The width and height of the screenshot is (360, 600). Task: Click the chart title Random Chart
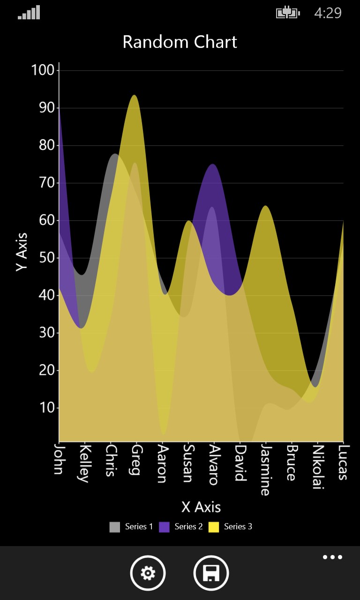[180, 42]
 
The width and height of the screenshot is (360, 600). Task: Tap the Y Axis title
[22, 252]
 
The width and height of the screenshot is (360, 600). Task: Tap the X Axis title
[201, 507]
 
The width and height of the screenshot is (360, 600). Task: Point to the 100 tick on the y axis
[43, 70]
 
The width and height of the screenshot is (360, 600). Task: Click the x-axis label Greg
[136, 460]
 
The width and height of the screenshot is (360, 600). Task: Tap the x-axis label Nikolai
[318, 467]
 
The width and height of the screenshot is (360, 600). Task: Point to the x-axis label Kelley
[84, 464]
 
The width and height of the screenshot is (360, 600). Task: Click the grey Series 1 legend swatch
[115, 527]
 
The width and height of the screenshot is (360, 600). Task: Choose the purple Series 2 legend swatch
[164, 527]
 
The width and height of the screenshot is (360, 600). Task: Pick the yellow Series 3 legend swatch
[214, 527]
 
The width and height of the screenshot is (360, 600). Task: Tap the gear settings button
[148, 573]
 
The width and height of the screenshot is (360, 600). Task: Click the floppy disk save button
[211, 573]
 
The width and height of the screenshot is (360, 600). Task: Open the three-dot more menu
[332, 557]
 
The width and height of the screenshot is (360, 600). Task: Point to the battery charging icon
[288, 13]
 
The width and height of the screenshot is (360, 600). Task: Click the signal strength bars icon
[29, 13]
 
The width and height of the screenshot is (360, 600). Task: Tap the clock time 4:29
[328, 13]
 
